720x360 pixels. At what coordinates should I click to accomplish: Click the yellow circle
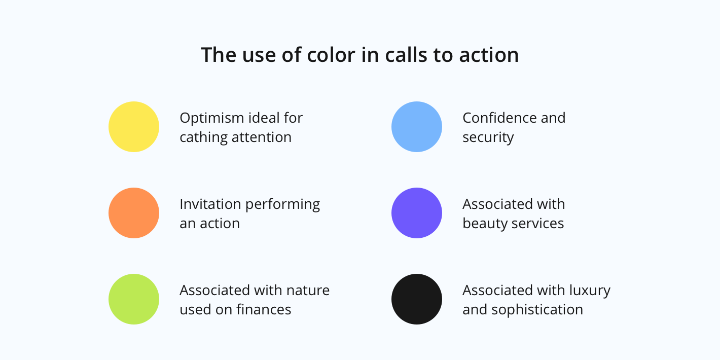[x=134, y=127]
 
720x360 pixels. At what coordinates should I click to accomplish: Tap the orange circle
[x=134, y=213]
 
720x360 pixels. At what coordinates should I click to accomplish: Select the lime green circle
[x=134, y=299]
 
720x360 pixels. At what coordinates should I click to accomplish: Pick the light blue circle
[x=417, y=127]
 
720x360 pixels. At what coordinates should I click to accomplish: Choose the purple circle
[x=417, y=213]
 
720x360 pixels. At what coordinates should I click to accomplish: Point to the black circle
[x=417, y=299]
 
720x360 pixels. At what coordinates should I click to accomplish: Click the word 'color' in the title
[x=331, y=55]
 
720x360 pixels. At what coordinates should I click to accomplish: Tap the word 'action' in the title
[x=489, y=55]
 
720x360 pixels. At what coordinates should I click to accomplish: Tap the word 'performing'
[x=282, y=205]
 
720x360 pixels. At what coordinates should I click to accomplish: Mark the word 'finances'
[x=264, y=309]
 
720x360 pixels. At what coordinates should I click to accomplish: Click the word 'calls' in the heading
[x=406, y=55]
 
